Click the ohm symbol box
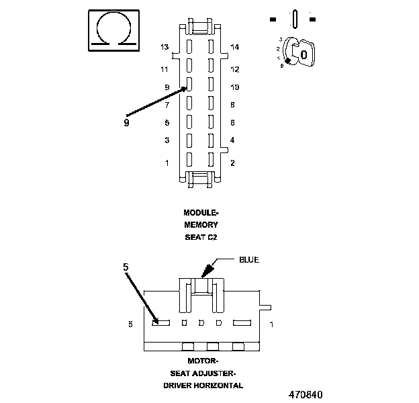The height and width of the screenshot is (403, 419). pos(114,30)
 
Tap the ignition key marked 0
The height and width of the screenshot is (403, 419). pos(304,54)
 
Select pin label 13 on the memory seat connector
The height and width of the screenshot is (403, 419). pos(165,47)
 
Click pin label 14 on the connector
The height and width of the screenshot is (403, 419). pos(235,47)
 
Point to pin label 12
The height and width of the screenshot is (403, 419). pos(235,69)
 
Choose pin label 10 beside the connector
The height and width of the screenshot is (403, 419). pos(235,87)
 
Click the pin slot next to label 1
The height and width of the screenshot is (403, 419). pos(189,160)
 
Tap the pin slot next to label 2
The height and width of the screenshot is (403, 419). pos(211,160)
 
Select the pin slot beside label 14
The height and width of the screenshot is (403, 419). pos(211,46)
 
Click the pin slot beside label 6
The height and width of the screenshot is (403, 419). pos(211,122)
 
